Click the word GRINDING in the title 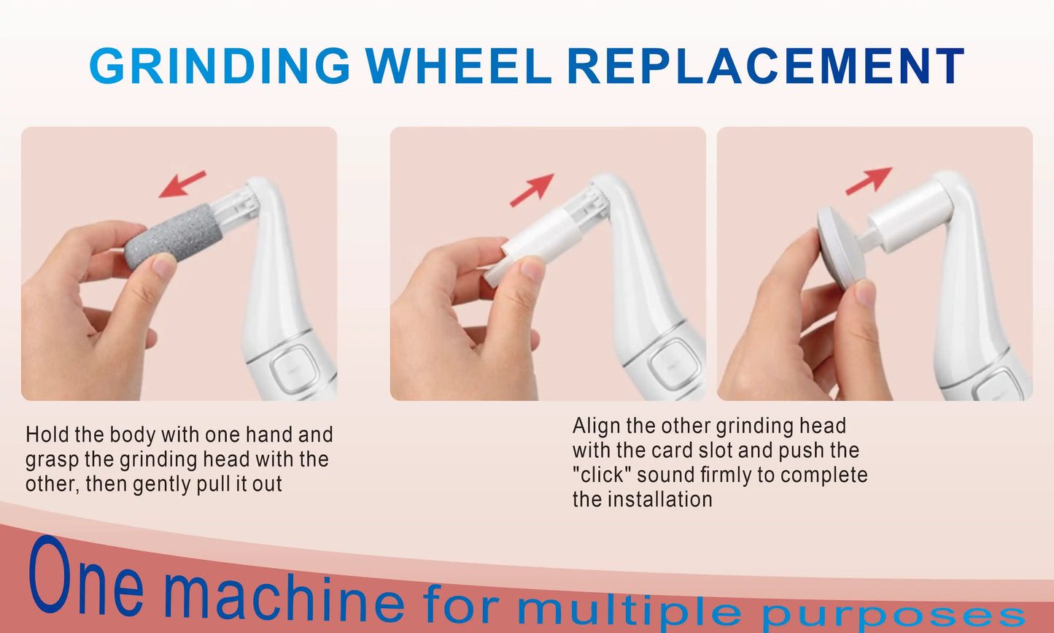click(x=220, y=66)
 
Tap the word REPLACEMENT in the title click(x=765, y=66)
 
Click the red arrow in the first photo click(x=182, y=184)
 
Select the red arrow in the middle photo click(x=532, y=190)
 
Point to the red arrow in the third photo click(x=868, y=180)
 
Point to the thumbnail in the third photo click(x=865, y=292)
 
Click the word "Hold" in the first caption click(x=47, y=435)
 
